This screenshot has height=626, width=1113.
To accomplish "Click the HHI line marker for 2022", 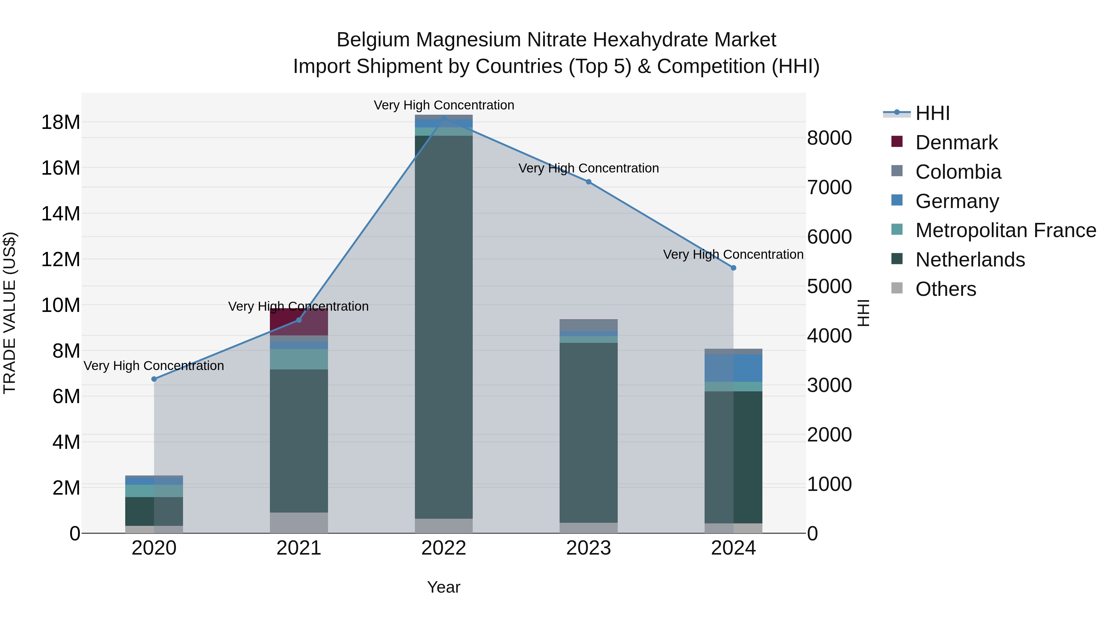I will pyautogui.click(x=444, y=118).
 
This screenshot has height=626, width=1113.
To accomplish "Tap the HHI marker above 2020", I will pyautogui.click(x=154, y=379).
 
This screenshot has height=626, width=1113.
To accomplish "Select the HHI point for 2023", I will pyautogui.click(x=588, y=182).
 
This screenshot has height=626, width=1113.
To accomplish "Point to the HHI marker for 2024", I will pyautogui.click(x=733, y=268).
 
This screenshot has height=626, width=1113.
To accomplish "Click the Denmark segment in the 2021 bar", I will pyautogui.click(x=299, y=322).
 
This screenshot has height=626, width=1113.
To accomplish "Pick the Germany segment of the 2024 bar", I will pyautogui.click(x=733, y=368).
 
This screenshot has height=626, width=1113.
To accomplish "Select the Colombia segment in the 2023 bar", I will pyautogui.click(x=588, y=325).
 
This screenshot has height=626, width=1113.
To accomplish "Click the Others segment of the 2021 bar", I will pyautogui.click(x=299, y=523).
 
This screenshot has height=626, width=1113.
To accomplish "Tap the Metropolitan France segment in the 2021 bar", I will pyautogui.click(x=299, y=359).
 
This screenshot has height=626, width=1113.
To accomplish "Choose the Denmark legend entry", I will pyautogui.click(x=956, y=143).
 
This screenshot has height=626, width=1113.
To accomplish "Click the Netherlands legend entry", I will pyautogui.click(x=970, y=260).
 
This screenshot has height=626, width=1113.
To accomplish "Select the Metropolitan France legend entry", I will pyautogui.click(x=1005, y=230).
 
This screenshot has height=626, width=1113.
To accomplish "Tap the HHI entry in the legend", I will pyautogui.click(x=932, y=113).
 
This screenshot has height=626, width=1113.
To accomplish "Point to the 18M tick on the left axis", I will pyautogui.click(x=61, y=122).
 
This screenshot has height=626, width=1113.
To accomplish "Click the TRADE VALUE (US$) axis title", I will pyautogui.click(x=10, y=313).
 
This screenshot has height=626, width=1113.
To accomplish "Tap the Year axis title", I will pyautogui.click(x=444, y=587).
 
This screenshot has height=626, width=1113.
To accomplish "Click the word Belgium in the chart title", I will pyautogui.click(x=373, y=40).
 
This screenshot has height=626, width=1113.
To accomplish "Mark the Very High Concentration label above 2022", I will pyautogui.click(x=444, y=105).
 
